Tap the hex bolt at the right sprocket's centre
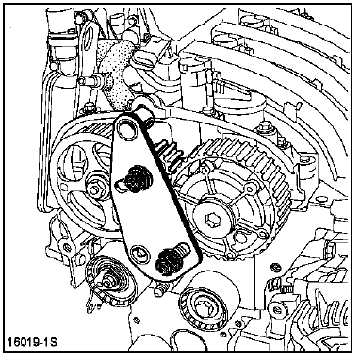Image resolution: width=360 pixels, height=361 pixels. (x=211, y=219)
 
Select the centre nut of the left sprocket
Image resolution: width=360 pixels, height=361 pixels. (x=94, y=189)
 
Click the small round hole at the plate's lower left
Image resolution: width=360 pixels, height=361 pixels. (x=139, y=253)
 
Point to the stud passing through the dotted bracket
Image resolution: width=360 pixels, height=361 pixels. (x=93, y=81)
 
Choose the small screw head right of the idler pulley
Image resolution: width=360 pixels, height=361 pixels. (x=276, y=267)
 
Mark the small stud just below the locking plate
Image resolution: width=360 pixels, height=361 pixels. (x=160, y=289)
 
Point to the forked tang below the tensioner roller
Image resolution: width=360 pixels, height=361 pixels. (x=91, y=303)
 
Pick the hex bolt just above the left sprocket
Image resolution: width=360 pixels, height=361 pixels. (x=89, y=107)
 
